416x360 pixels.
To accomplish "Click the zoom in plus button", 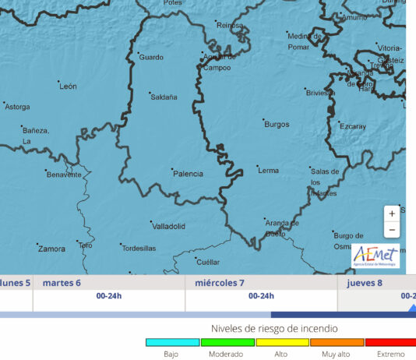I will [392, 213].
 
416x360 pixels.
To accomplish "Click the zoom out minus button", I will [392, 230].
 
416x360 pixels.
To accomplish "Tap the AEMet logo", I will [375, 256].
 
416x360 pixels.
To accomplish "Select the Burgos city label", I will [277, 125].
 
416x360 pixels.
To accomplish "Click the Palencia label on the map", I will [188, 174].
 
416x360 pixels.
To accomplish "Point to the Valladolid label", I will [168, 227].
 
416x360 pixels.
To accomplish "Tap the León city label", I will [69, 86].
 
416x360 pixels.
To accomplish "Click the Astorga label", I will [17, 107].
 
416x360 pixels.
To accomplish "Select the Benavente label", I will [64, 175].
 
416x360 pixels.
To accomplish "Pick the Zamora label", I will [51, 249].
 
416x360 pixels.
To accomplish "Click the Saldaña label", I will [164, 97].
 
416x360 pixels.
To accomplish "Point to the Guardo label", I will [151, 57].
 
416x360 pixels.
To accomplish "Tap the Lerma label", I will [268, 170].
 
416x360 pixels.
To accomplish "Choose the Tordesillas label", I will [139, 248].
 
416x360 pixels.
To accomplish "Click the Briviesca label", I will [320, 93].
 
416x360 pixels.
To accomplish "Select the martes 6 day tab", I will [62, 283].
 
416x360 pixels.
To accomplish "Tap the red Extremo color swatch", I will [390, 342].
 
